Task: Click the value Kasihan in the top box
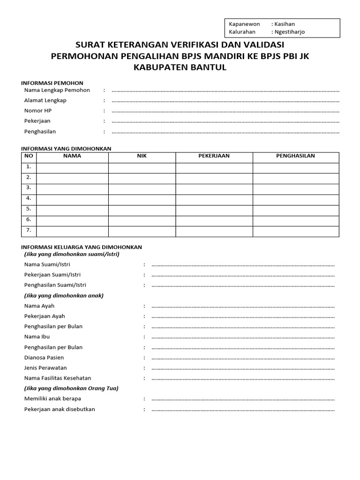pos(285,24)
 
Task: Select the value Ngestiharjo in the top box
pos(289,32)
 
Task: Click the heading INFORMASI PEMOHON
pos(52,83)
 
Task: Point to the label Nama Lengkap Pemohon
pos(57,90)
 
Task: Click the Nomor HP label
pos(38,111)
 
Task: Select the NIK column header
pos(142,156)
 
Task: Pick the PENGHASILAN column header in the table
pos(295,156)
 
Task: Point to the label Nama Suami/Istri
pos(47,264)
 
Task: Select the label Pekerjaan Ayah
pos(45,316)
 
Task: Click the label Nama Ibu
pos(37,337)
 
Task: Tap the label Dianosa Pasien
pos(44,357)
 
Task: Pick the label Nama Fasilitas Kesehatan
pos(58,378)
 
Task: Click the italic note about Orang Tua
pos(71,388)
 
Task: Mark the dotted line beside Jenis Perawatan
pos(243,368)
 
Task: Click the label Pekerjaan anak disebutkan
pos(60,409)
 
